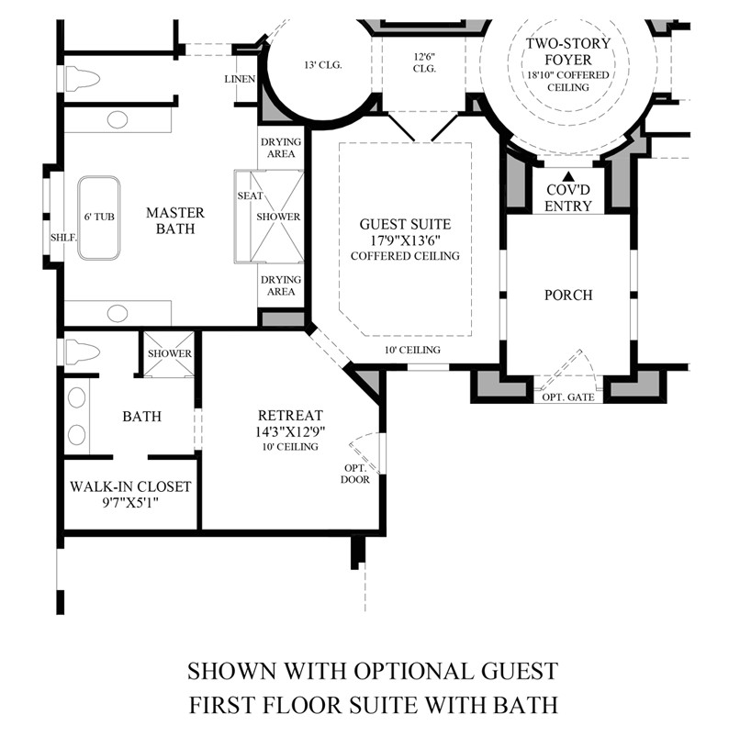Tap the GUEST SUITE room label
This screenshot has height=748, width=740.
(x=405, y=223)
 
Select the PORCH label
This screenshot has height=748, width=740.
(x=567, y=296)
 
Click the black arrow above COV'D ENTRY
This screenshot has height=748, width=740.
(x=568, y=177)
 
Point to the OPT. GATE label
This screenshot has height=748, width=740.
(x=568, y=396)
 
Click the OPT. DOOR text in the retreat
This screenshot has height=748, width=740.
(x=354, y=473)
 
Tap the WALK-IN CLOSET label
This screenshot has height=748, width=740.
(x=130, y=486)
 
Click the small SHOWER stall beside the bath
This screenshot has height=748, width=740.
(x=169, y=353)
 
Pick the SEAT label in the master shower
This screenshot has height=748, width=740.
(x=250, y=195)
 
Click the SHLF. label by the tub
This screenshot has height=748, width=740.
(x=63, y=235)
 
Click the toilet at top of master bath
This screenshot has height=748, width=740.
(x=83, y=80)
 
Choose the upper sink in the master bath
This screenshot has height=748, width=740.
(x=118, y=119)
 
